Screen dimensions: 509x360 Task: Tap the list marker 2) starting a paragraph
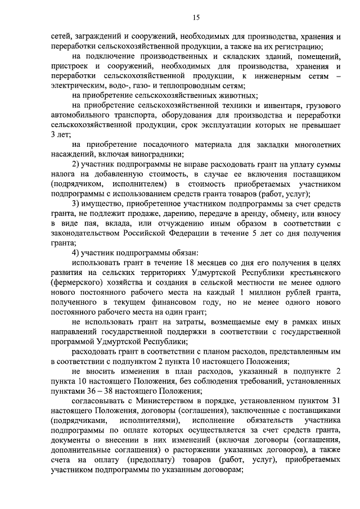click(79, 164)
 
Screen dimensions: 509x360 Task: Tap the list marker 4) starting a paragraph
click(79, 253)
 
